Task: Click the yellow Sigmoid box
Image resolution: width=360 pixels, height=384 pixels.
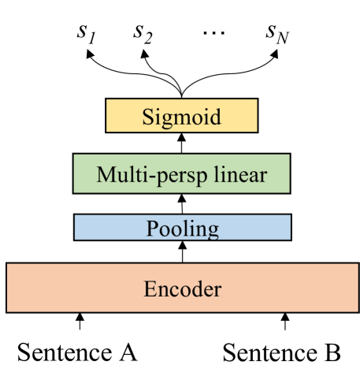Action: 182,117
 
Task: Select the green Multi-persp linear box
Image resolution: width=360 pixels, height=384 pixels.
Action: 182,173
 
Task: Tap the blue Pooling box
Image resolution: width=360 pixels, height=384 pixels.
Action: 182,228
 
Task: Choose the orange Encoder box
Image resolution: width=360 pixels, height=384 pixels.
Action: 182,288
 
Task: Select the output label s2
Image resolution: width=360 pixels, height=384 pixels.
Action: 143,34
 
